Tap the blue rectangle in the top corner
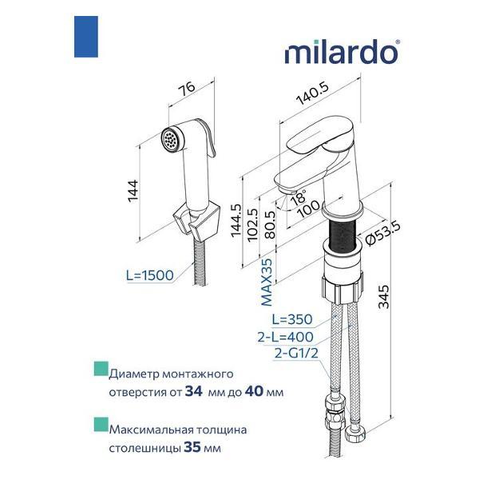coord(86,37)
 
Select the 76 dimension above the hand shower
coord(186,88)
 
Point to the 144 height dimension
coord(133,191)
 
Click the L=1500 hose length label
coord(150,275)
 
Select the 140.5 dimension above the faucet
coord(312,93)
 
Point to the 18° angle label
coord(298,197)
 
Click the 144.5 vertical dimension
coord(236,220)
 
